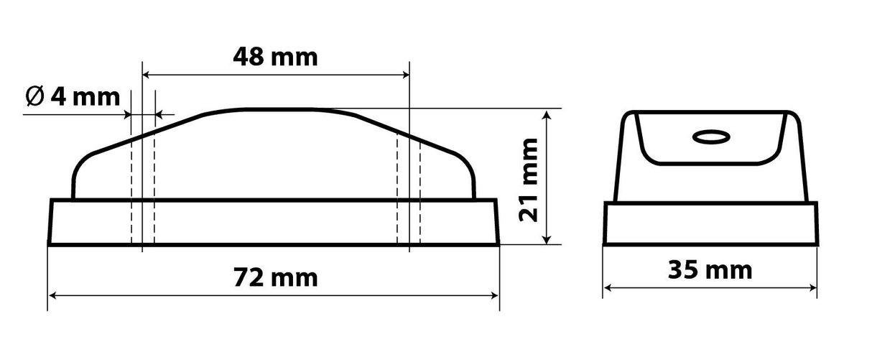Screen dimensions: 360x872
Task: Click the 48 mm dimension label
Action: click(275, 57)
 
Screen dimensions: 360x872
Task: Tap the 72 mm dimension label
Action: click(275, 277)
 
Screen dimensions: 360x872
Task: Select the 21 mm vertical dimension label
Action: click(529, 177)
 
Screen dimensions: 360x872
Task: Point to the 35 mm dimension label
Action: click(710, 270)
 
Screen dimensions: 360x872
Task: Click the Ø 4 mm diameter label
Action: click(72, 96)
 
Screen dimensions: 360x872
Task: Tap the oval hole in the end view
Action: click(710, 136)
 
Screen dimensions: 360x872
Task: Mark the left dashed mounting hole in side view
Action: click(143, 187)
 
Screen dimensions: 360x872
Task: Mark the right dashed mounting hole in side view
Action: click(409, 187)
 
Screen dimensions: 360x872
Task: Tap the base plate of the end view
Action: click(710, 223)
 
